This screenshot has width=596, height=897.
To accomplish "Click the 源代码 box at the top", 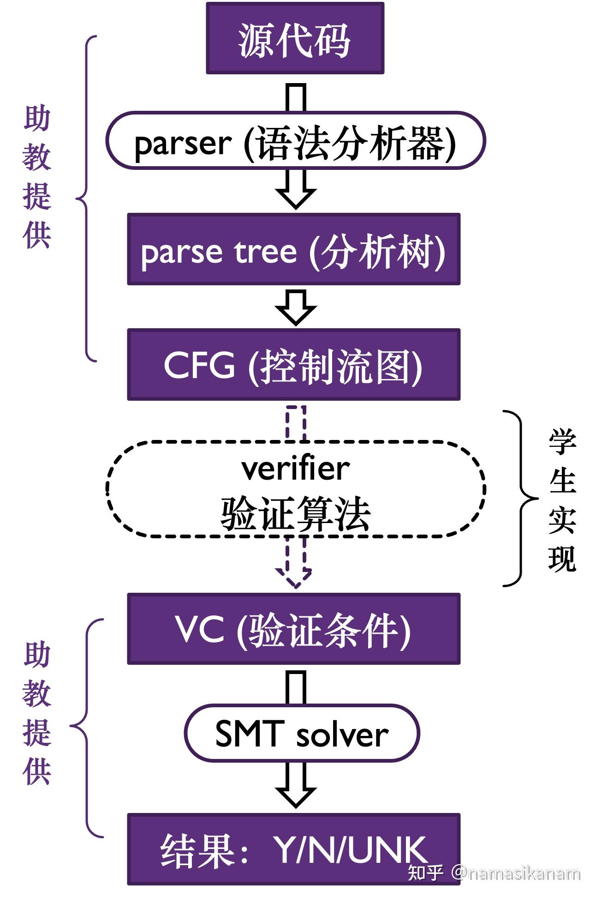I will (295, 39).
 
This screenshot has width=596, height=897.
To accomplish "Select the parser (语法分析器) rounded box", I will (295, 141).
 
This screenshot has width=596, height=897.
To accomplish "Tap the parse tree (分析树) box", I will (293, 249).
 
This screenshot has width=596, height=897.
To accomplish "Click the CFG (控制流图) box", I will (293, 365).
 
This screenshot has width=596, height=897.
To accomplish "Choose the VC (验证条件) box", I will (293, 629).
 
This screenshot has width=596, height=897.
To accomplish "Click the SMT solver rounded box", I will (302, 733).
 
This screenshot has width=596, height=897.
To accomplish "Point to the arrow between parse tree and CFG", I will (296, 307).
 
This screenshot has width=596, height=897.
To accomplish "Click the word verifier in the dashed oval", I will (295, 469).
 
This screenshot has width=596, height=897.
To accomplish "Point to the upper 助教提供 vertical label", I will (36, 177).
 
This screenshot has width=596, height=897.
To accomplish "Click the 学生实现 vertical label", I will (562, 500).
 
